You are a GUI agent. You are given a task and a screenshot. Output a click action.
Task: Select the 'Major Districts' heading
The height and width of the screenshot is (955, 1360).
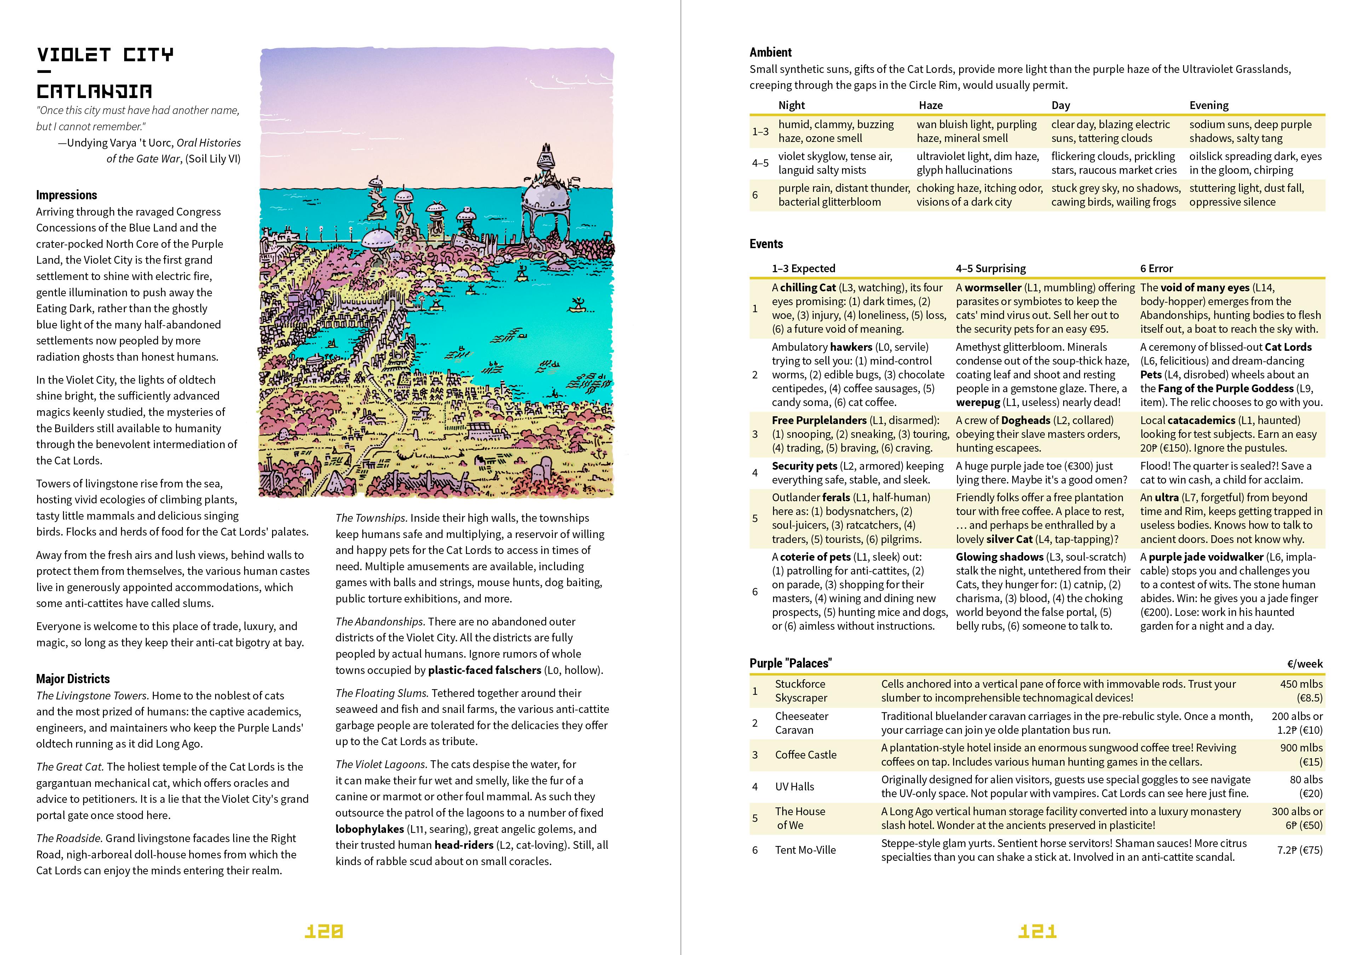pos(73,679)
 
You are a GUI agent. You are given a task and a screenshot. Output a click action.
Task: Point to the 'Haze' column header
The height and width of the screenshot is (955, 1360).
pos(930,105)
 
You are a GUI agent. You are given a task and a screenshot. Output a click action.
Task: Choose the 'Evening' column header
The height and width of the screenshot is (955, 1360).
pos(1209,105)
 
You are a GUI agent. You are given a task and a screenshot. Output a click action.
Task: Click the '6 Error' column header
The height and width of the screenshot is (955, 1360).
pos(1156,268)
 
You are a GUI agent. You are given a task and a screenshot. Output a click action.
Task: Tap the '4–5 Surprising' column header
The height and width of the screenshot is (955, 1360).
pos(990,268)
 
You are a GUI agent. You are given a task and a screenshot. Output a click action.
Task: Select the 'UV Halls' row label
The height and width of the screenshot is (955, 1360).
pos(794,787)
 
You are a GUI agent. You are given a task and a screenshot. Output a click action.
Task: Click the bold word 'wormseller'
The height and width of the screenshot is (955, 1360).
pos(993,288)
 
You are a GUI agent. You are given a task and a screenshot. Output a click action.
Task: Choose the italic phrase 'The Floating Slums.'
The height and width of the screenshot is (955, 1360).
pos(381,693)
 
